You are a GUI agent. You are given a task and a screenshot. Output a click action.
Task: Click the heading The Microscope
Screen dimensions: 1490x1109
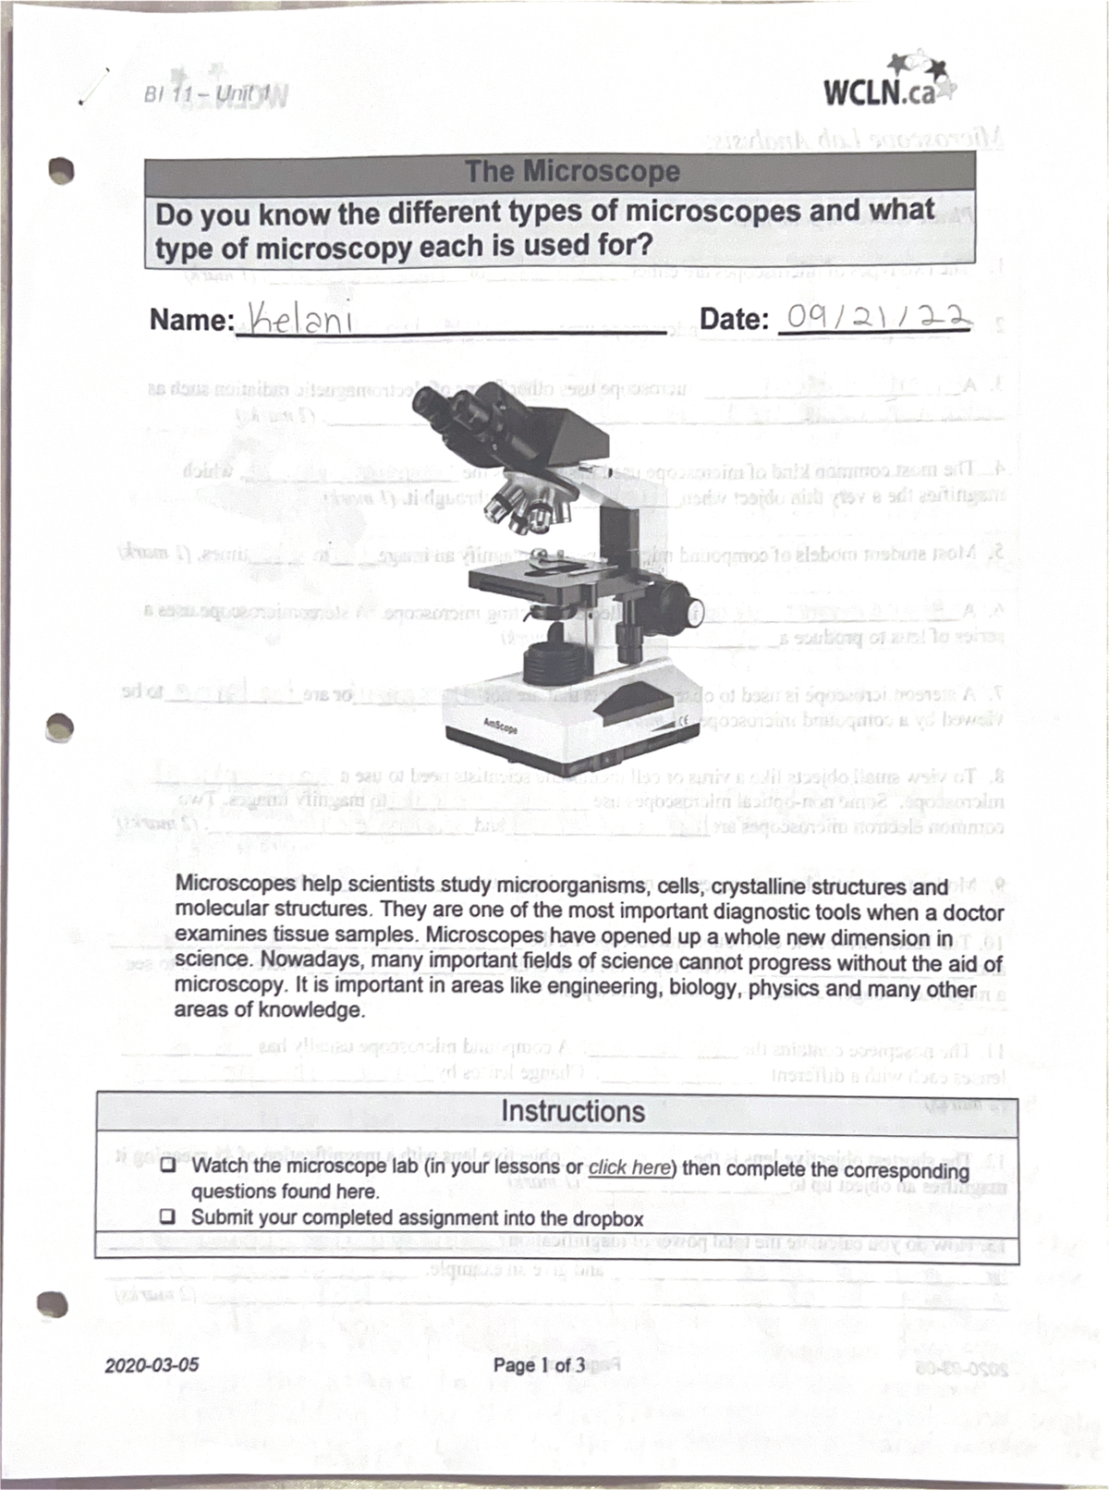[x=572, y=171]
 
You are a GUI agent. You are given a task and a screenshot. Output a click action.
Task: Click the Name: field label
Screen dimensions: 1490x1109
[x=191, y=321]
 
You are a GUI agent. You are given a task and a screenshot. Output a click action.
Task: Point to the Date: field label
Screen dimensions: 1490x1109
[x=734, y=320]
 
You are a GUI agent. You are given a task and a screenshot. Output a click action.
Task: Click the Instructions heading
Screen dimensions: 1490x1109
[x=572, y=1110]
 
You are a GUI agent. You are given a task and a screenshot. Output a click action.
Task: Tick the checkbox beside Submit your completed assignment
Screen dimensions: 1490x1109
[x=169, y=1217]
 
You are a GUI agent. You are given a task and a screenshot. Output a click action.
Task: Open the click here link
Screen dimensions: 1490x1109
[x=629, y=1166]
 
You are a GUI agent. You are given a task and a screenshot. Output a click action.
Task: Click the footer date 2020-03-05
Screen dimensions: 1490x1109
[x=152, y=1364]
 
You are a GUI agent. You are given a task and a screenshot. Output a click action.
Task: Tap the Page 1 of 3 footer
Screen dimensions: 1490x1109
[x=539, y=1365]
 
